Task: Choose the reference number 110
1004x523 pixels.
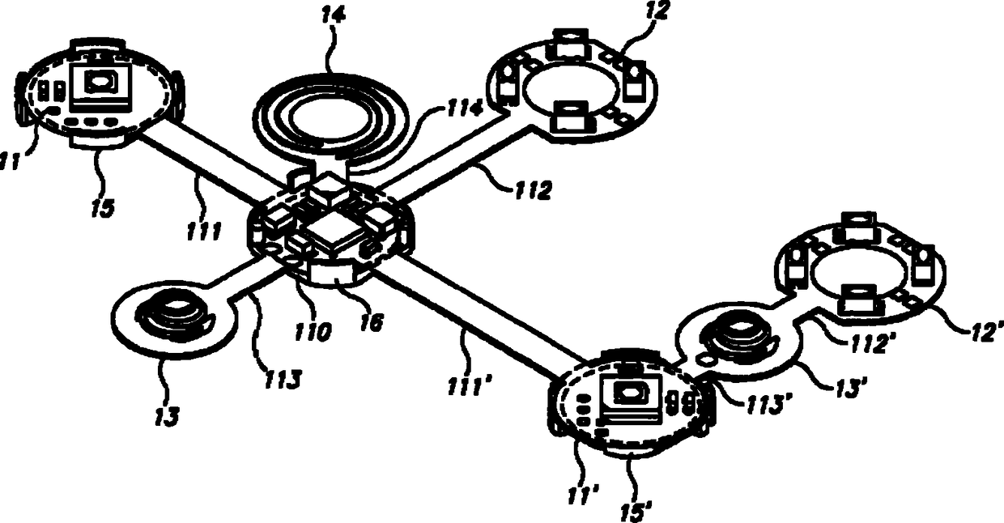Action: tap(313, 330)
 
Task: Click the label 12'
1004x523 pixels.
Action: tap(985, 327)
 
